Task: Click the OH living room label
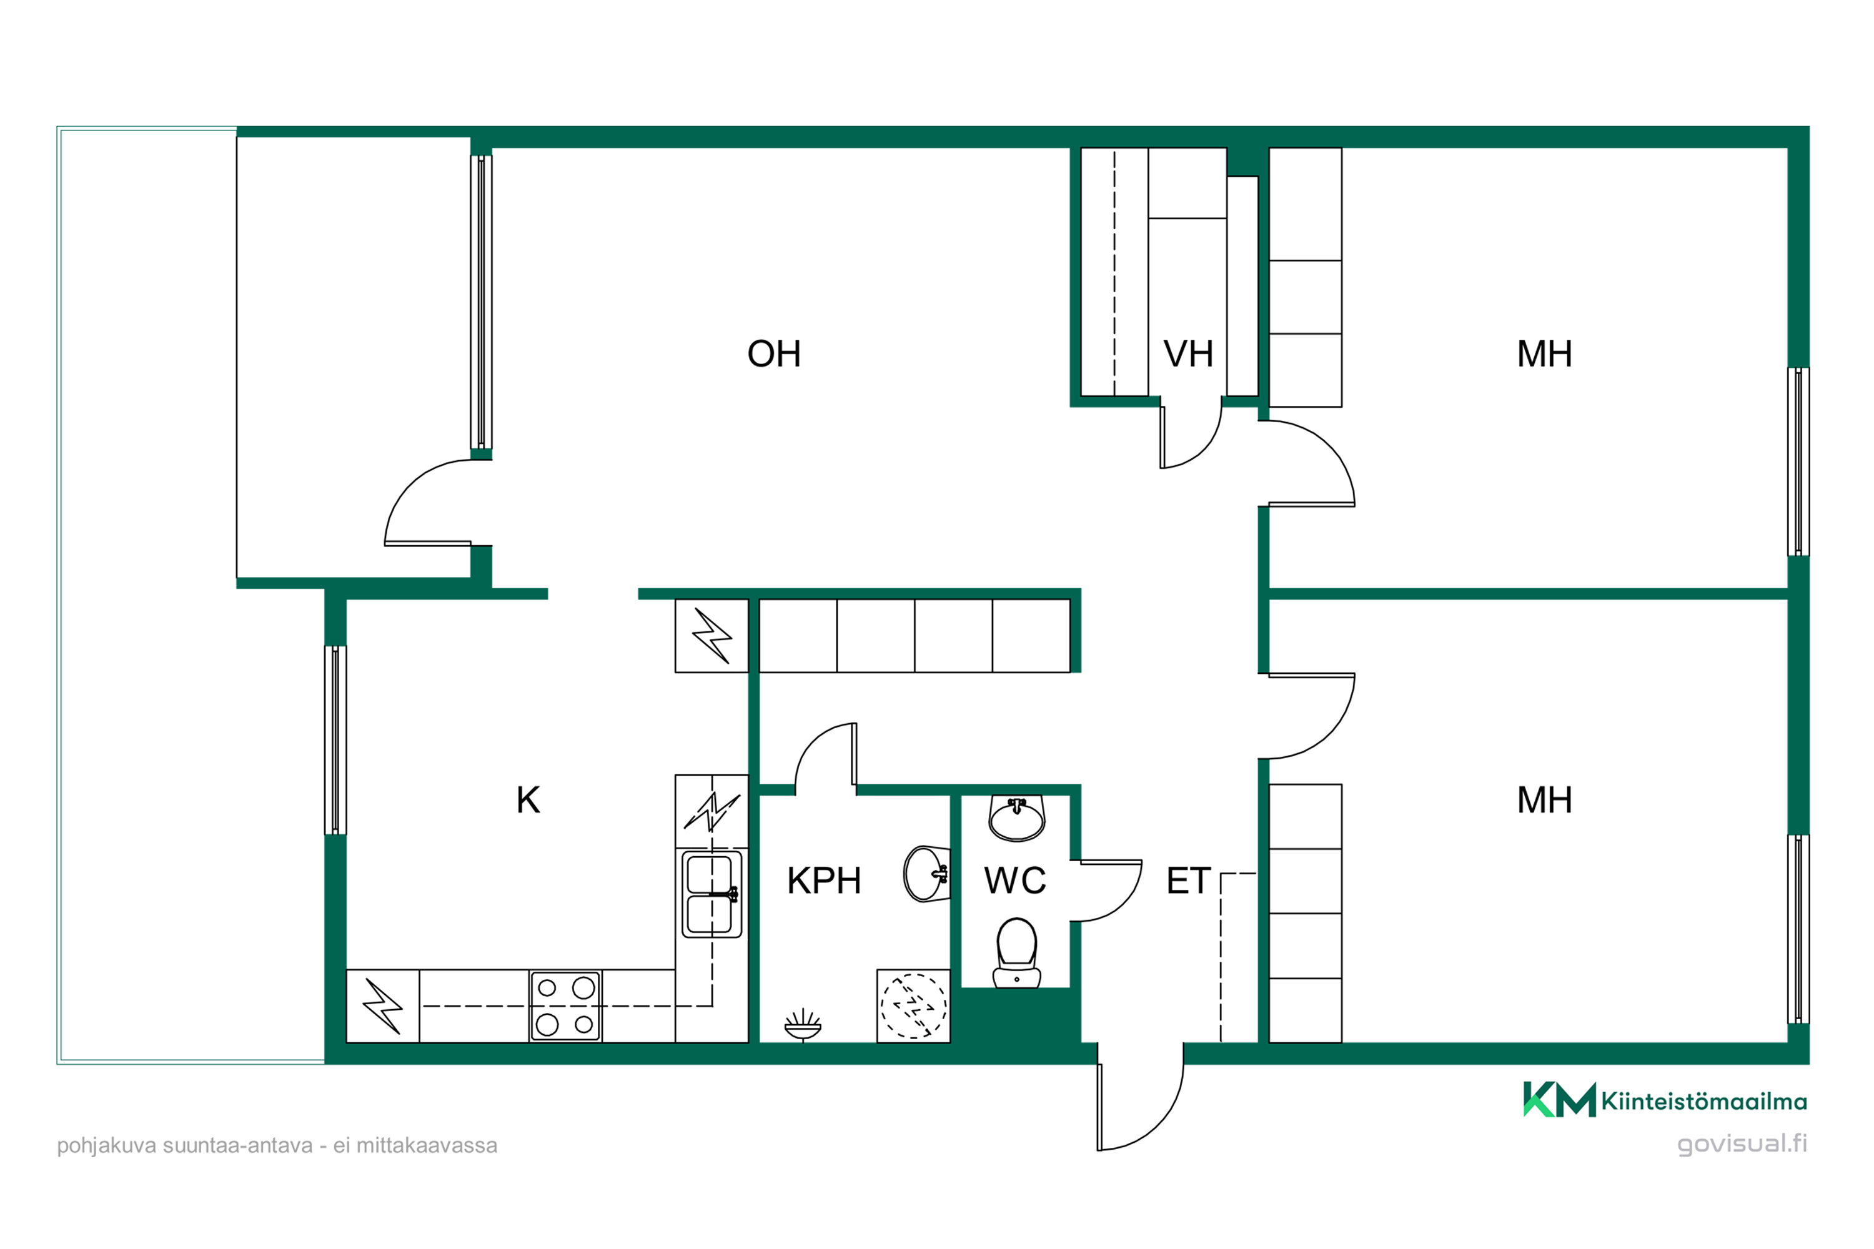click(774, 353)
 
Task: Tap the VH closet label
click(1188, 353)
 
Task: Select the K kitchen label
click(527, 800)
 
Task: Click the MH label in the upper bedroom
click(1544, 353)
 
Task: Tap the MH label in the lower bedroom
click(1544, 800)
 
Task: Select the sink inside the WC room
click(1017, 817)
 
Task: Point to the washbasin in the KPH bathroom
click(926, 874)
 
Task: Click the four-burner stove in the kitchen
click(565, 1006)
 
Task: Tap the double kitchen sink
click(711, 894)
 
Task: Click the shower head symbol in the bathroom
click(802, 1024)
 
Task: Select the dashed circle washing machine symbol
click(913, 1006)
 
